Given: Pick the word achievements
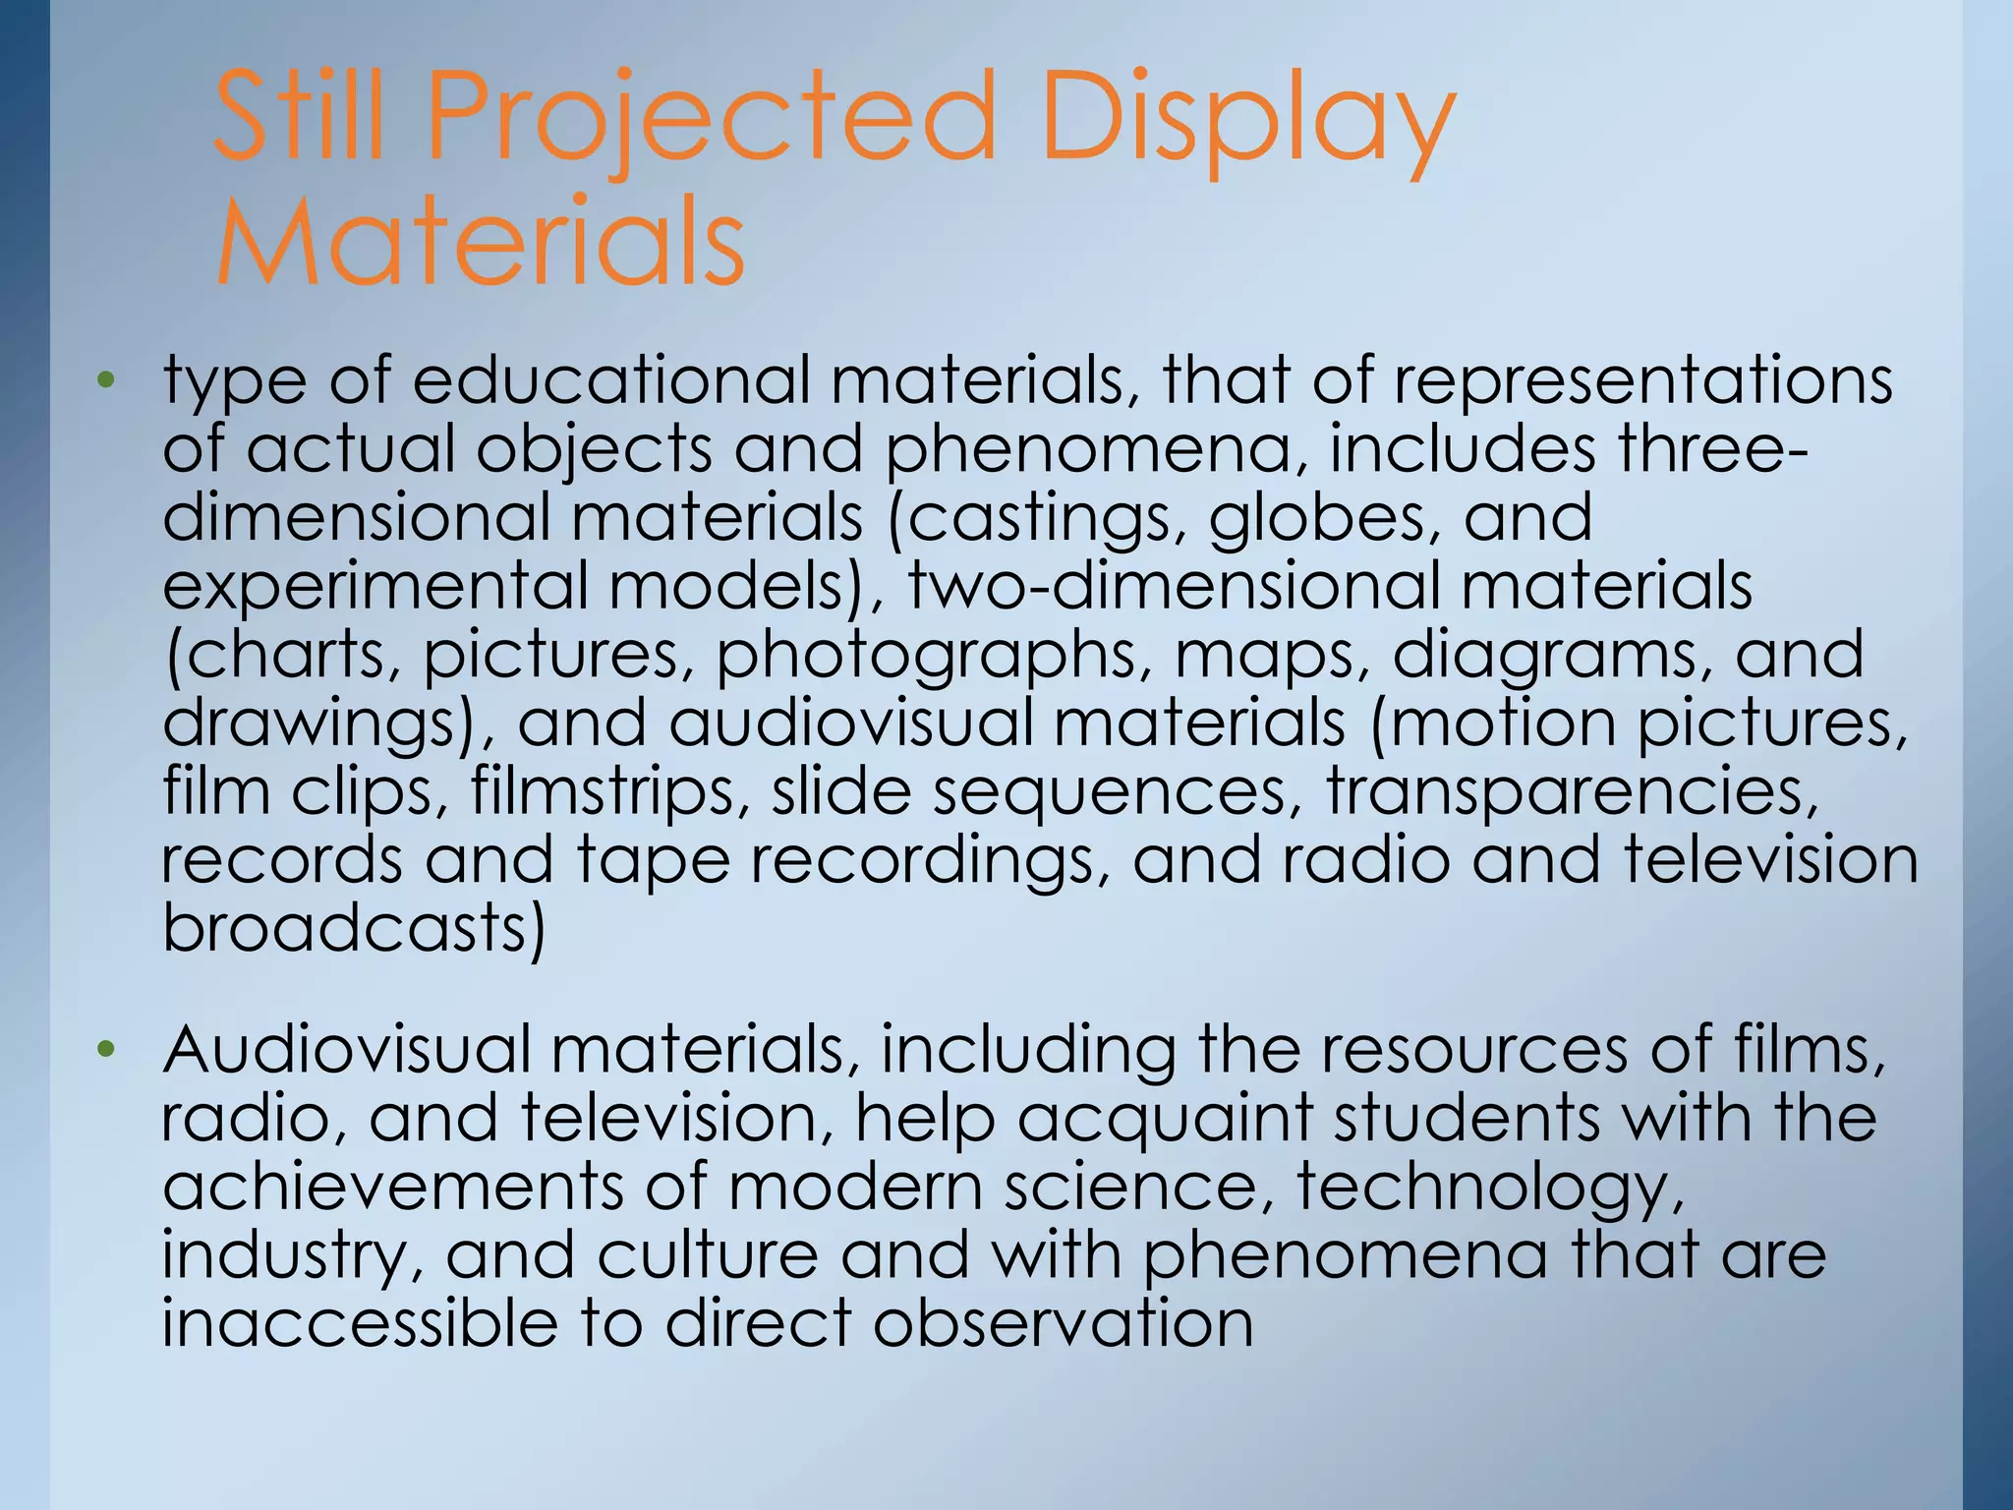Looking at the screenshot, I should pyautogui.click(x=392, y=1187).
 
